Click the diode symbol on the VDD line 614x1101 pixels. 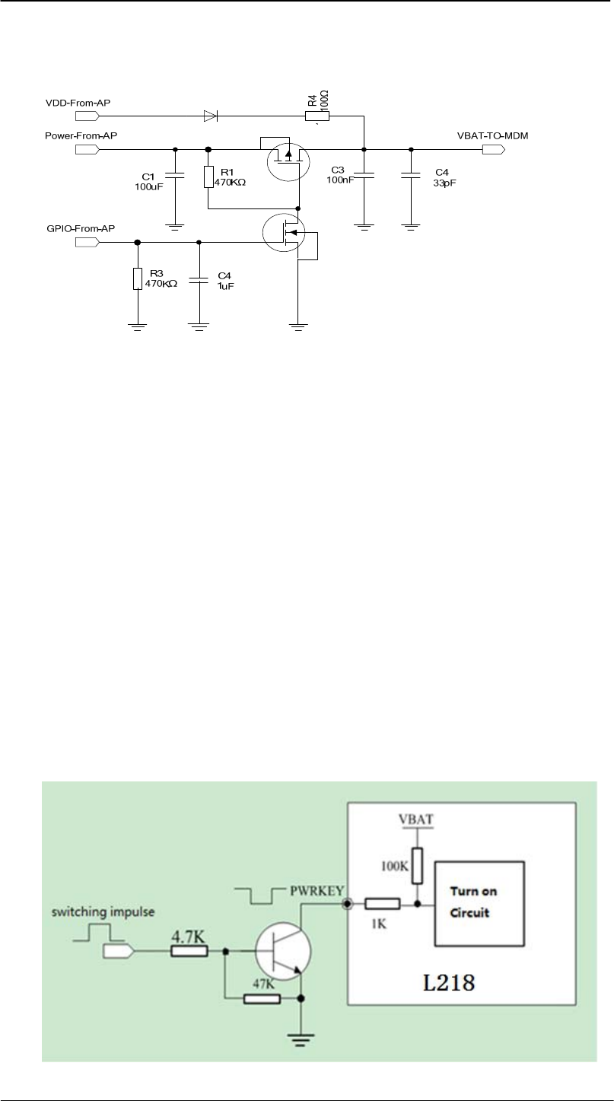click(210, 116)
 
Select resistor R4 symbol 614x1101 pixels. click(317, 116)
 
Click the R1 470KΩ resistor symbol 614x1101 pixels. click(208, 177)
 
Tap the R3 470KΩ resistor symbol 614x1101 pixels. click(138, 278)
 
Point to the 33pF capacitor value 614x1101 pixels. click(442, 183)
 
